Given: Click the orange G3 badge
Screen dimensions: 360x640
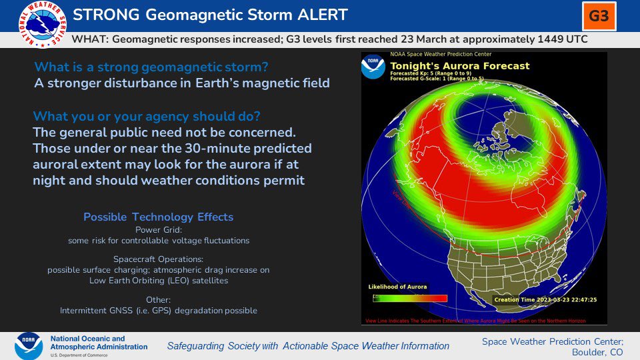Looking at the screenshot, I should click(599, 15).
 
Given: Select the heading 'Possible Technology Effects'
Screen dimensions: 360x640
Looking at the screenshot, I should click(158, 217).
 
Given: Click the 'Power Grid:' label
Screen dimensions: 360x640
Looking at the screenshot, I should click(158, 230).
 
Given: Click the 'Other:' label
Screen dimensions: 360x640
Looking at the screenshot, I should click(158, 299).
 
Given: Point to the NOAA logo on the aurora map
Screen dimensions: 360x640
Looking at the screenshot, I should click(373, 67).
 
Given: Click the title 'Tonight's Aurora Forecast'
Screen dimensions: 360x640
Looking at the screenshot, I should click(459, 65).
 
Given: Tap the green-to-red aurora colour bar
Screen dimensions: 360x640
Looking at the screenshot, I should click(409, 297).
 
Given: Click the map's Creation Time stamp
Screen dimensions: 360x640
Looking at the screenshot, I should click(546, 299).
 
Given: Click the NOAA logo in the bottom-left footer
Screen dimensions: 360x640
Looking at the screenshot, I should click(30, 346).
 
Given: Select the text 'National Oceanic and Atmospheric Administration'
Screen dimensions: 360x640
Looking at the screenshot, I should click(99, 343).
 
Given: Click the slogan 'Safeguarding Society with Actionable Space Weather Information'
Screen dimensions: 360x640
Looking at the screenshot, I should click(308, 346).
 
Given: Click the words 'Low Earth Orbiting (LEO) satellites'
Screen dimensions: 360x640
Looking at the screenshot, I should click(158, 281).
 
